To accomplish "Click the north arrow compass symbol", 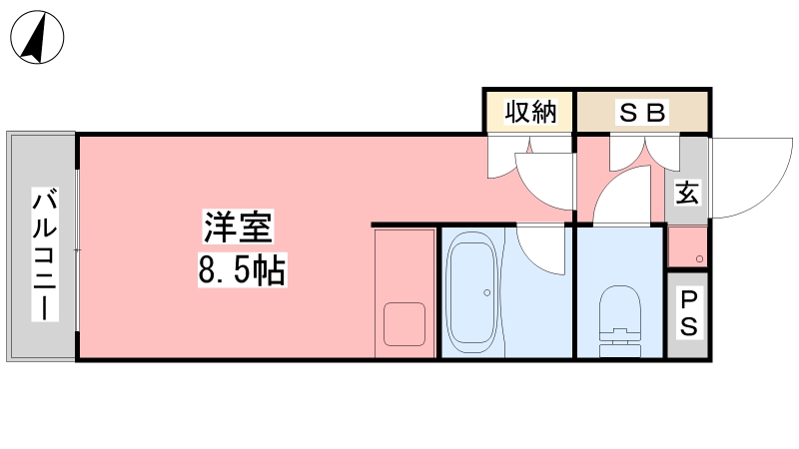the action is click(x=37, y=37).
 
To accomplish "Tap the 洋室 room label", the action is click(x=238, y=226).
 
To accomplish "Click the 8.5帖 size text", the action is click(x=242, y=269).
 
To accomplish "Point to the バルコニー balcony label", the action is click(x=45, y=254).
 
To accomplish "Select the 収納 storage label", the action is click(x=530, y=112).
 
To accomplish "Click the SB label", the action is click(x=642, y=113).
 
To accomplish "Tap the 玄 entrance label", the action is click(x=687, y=193).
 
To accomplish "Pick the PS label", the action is click(x=688, y=313).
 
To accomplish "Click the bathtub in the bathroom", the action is click(x=471, y=292).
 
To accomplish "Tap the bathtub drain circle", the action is click(x=487, y=292).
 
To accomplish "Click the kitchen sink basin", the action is click(x=404, y=324).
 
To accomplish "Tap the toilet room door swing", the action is click(x=622, y=195).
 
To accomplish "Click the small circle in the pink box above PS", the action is click(x=700, y=259).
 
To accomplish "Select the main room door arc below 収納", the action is click(x=544, y=182).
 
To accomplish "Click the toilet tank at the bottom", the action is click(x=619, y=351).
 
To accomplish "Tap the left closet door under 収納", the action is click(x=506, y=157).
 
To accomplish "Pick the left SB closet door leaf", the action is click(x=628, y=154).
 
